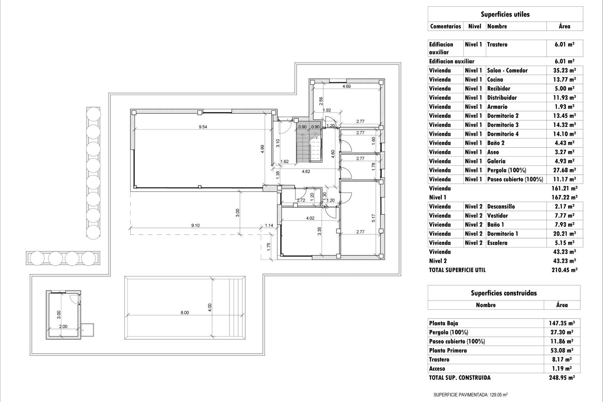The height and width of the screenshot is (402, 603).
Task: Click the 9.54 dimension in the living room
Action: click(x=203, y=127)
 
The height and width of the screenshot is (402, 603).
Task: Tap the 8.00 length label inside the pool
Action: click(x=185, y=312)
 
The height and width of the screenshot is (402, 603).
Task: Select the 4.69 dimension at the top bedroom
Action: click(x=346, y=86)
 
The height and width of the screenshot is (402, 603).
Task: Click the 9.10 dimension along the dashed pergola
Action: click(x=195, y=225)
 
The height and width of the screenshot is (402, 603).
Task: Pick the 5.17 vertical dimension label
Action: click(x=373, y=218)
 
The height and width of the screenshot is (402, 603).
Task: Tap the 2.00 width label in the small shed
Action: click(x=63, y=326)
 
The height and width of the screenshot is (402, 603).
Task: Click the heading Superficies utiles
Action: click(x=505, y=14)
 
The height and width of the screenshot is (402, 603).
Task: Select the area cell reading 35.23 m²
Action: click(x=564, y=71)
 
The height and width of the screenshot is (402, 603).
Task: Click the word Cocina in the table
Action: click(x=495, y=80)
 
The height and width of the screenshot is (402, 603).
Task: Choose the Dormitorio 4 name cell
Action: click(x=503, y=134)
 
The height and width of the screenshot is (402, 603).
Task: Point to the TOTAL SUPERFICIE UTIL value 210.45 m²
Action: click(x=564, y=270)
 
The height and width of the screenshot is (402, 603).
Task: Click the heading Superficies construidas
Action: click(x=504, y=293)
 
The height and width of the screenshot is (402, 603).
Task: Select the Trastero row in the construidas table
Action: click(x=439, y=360)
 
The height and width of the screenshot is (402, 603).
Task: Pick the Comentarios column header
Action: click(x=445, y=26)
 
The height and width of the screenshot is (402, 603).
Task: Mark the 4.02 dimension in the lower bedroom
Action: click(x=310, y=218)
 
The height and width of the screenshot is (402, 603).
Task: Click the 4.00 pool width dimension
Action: click(x=210, y=307)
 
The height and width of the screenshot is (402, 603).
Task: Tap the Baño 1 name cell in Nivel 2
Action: click(x=496, y=225)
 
